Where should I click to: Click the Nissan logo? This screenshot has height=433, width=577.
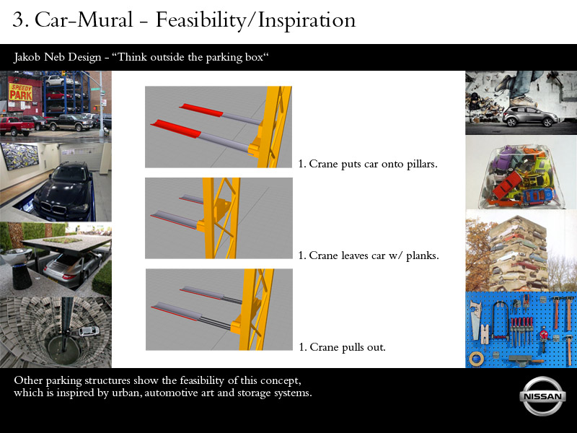click(x=542, y=396)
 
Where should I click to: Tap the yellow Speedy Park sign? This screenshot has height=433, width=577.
click(x=21, y=92)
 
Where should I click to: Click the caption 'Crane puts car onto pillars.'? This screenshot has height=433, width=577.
click(x=373, y=164)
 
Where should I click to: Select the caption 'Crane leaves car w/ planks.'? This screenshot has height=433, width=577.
click(x=374, y=255)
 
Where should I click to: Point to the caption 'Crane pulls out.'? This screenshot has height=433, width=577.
click(x=348, y=347)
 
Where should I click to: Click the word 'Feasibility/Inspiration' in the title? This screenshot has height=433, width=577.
click(x=256, y=20)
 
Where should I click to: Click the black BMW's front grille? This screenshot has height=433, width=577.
click(x=54, y=210)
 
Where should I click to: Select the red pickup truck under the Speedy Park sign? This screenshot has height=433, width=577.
click(x=17, y=126)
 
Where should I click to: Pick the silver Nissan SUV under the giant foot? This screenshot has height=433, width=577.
click(x=530, y=115)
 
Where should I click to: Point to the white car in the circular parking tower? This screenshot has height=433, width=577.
click(x=89, y=331)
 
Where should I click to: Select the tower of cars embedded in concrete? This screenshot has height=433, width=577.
click(x=518, y=254)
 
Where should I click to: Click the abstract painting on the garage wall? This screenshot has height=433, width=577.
click(x=19, y=156)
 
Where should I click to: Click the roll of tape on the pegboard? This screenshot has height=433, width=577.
click(x=476, y=358)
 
